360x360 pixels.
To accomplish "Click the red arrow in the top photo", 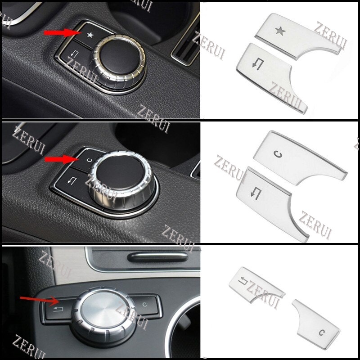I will pos(61,33).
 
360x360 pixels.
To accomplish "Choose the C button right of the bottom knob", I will pos(145,305).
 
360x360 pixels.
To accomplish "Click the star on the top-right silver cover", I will pos(280,31).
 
